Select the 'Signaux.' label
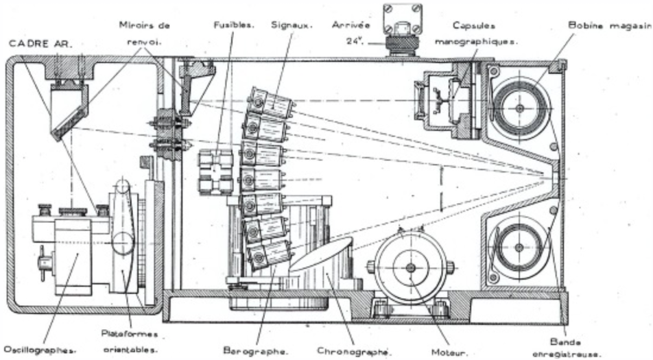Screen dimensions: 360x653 (292, 25)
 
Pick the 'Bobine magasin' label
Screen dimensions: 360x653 (608, 25)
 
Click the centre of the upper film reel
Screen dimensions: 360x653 (520, 108)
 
